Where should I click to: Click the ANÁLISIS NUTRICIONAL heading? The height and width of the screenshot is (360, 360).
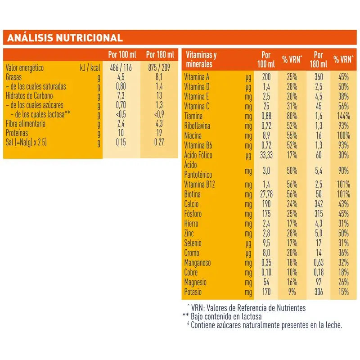click(x=63, y=37)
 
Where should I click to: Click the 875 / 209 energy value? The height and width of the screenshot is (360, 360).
click(x=159, y=68)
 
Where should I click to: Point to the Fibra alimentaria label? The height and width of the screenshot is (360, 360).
click(x=27, y=123)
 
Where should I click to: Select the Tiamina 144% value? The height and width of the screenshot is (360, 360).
click(x=342, y=116)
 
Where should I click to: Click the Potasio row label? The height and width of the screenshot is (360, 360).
click(x=194, y=292)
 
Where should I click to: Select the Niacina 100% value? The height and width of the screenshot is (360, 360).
click(x=342, y=135)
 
